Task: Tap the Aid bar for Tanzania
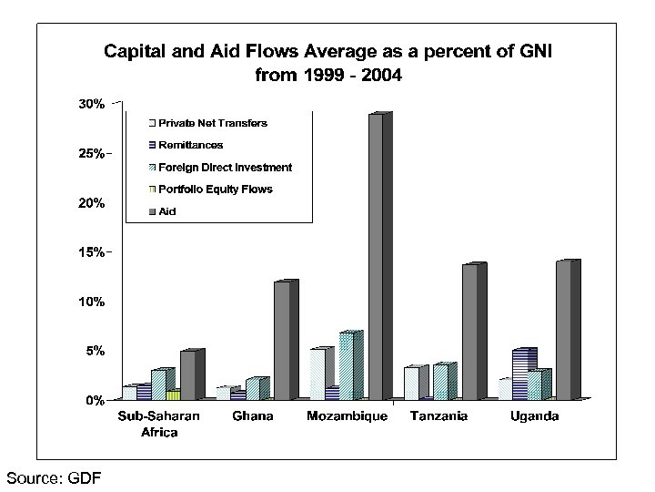click(x=469, y=332)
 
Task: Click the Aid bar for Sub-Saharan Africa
click(x=187, y=374)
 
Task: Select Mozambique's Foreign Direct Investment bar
click(x=346, y=365)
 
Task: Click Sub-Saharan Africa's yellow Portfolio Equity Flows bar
click(x=173, y=395)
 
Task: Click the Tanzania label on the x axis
click(x=438, y=417)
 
